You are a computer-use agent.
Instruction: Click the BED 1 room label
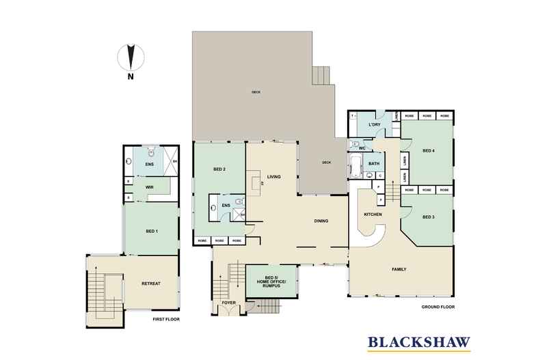(152, 232)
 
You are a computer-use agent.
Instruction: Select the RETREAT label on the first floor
(150, 283)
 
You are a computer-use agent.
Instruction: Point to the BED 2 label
(219, 169)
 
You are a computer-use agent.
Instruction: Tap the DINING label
(322, 221)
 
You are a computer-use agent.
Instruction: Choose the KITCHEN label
(372, 214)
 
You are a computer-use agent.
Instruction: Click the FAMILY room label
(399, 269)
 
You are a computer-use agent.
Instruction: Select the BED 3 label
(429, 217)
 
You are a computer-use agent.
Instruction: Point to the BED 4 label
(429, 150)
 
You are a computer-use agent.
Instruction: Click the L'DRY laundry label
(374, 125)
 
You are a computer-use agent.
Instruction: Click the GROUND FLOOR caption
(437, 307)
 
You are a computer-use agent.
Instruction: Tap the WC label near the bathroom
(362, 148)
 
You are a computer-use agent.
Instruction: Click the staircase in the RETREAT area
(105, 289)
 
